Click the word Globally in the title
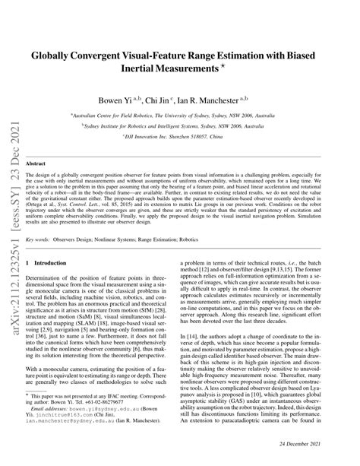(55, 55)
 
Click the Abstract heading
(37, 163)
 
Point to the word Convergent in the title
(109, 55)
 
